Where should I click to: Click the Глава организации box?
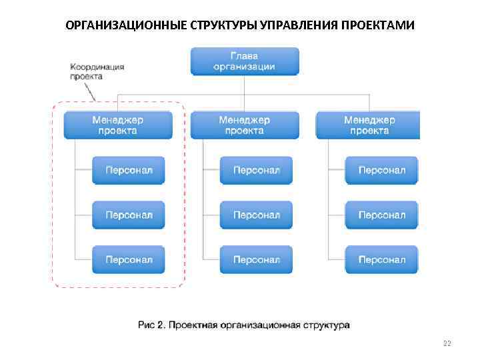pyautogui.click(x=244, y=61)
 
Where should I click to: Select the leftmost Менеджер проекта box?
pyautogui.click(x=117, y=125)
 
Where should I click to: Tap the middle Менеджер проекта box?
pyautogui.click(x=244, y=125)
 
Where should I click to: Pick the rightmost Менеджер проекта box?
pyautogui.click(x=369, y=125)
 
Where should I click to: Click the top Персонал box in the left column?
pyautogui.click(x=129, y=171)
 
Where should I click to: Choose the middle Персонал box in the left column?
pyautogui.click(x=129, y=215)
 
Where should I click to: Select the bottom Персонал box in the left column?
pyautogui.click(x=129, y=259)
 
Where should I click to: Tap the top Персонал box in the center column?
pyautogui.click(x=256, y=171)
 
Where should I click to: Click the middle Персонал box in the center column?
pyautogui.click(x=256, y=215)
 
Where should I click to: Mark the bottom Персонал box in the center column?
pyautogui.click(x=256, y=259)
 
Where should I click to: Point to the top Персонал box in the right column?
pyautogui.click(x=381, y=171)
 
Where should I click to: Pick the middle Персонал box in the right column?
pyautogui.click(x=381, y=215)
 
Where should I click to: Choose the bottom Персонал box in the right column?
pyautogui.click(x=381, y=259)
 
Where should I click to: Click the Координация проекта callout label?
pyautogui.click(x=97, y=71)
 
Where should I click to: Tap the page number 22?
pyautogui.click(x=447, y=343)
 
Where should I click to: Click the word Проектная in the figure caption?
pyautogui.click(x=192, y=325)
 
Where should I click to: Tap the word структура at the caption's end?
pyautogui.click(x=325, y=325)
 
